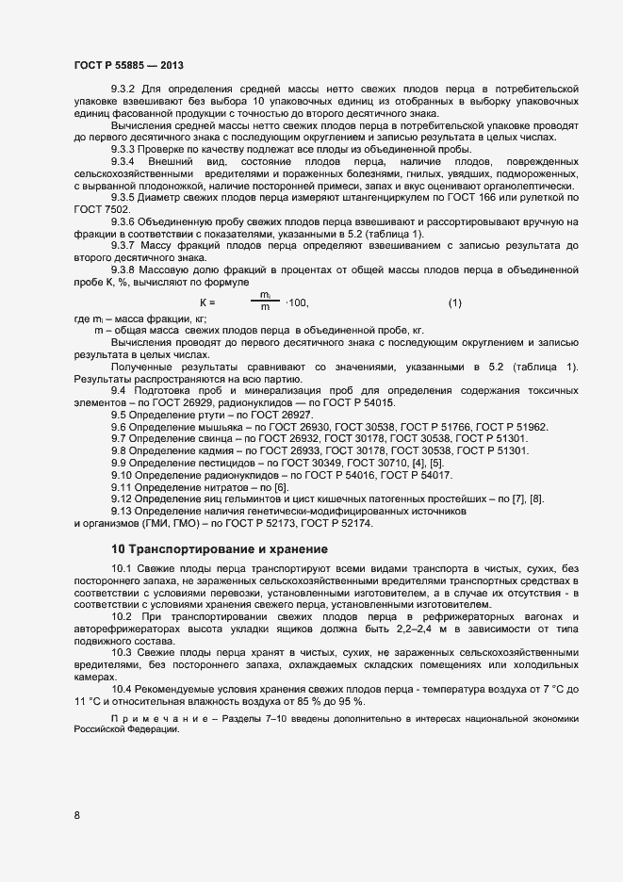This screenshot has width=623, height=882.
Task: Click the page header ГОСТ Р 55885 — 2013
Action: point(128,65)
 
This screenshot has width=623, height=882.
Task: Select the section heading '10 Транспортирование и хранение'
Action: point(220,548)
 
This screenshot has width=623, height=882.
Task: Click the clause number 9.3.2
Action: point(125,88)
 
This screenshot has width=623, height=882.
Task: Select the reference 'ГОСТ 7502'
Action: point(97,207)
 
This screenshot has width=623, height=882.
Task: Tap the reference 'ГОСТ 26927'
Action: point(281,415)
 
